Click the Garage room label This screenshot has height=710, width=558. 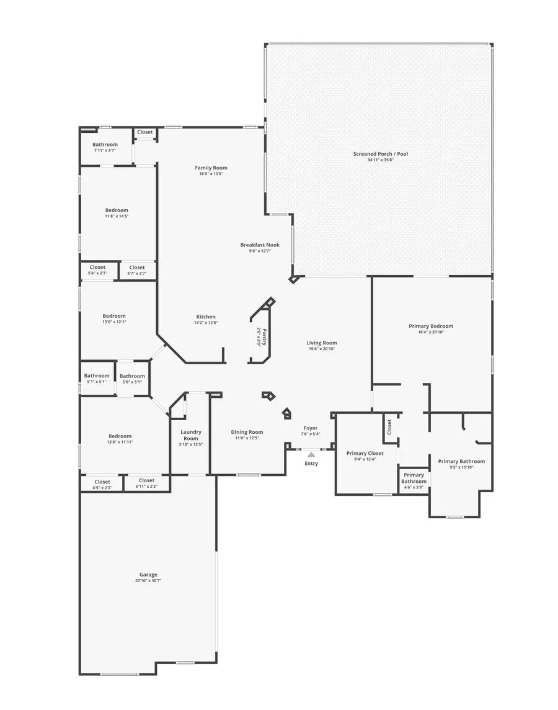pyautogui.click(x=148, y=575)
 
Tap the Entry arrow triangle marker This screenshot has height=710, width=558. pyautogui.click(x=311, y=455)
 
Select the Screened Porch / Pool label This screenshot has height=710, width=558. pyautogui.click(x=381, y=154)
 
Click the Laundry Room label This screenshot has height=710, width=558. pyautogui.click(x=191, y=435)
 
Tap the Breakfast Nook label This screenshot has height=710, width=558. pyautogui.click(x=260, y=245)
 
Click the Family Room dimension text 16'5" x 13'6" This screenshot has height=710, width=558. pyautogui.click(x=211, y=174)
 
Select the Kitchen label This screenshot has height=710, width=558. pyautogui.click(x=206, y=317)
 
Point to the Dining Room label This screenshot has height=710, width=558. pyautogui.click(x=247, y=432)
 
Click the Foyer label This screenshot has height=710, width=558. pyautogui.click(x=310, y=428)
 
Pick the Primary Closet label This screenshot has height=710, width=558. pyautogui.click(x=365, y=453)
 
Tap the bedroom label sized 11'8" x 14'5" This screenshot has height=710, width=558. pyautogui.click(x=117, y=210)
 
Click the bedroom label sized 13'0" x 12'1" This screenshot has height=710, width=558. pyautogui.click(x=114, y=316)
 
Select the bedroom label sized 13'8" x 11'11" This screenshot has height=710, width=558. pyautogui.click(x=120, y=436)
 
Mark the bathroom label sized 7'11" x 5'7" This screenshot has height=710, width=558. pyautogui.click(x=105, y=145)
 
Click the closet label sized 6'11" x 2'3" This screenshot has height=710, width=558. pyautogui.click(x=147, y=480)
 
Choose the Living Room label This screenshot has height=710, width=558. pyautogui.click(x=322, y=343)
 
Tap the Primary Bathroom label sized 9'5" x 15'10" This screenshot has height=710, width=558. pyautogui.click(x=461, y=461)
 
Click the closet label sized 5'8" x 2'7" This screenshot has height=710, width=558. pyautogui.click(x=97, y=267)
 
